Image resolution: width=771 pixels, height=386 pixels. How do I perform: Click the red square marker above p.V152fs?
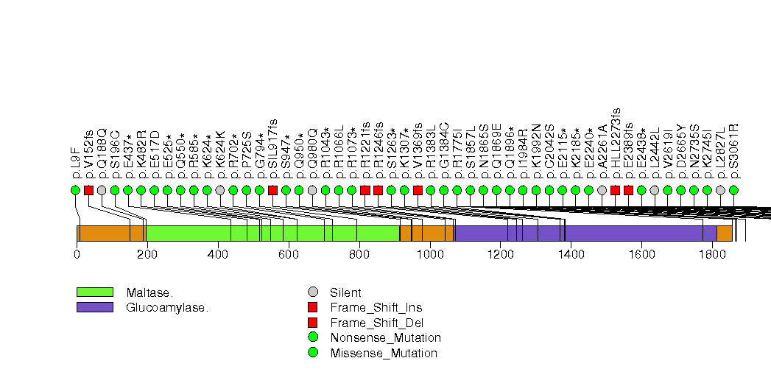88,190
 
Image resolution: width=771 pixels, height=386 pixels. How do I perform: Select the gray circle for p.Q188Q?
102,190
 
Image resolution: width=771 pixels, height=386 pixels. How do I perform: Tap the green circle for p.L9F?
75,190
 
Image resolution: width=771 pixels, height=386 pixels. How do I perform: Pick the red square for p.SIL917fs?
272,190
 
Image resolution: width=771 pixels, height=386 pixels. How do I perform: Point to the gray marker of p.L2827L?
720,190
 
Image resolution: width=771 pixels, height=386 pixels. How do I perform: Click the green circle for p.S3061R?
733,190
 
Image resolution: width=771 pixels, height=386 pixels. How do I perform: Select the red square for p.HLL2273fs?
615,190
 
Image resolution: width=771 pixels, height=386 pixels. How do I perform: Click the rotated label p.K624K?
220,157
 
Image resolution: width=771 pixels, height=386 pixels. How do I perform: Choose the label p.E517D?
155,155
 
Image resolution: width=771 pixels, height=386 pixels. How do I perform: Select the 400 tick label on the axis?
218,254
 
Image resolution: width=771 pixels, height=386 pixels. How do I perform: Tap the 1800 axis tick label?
712,254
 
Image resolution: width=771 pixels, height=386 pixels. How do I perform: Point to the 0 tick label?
77,254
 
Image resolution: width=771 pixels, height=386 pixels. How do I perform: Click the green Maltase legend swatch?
94,292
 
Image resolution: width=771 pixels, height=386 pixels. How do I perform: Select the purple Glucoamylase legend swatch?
94,306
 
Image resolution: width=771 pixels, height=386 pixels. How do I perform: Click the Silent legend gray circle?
313,292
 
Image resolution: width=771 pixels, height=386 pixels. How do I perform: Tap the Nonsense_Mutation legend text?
385,338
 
